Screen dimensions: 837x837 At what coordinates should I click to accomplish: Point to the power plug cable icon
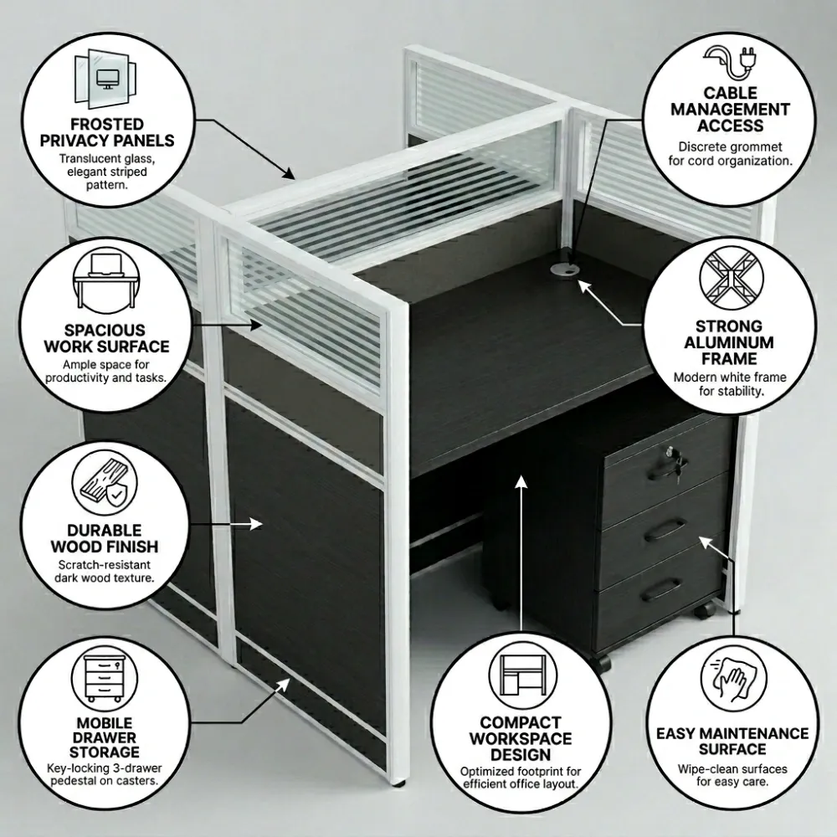tap(731, 63)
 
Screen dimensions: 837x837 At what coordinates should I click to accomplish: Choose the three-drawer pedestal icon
tap(105, 677)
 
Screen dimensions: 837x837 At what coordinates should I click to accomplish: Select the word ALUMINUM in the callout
tap(729, 342)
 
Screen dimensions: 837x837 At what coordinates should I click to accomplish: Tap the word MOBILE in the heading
tap(105, 723)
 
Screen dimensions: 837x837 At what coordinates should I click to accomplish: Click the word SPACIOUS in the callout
tap(105, 330)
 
